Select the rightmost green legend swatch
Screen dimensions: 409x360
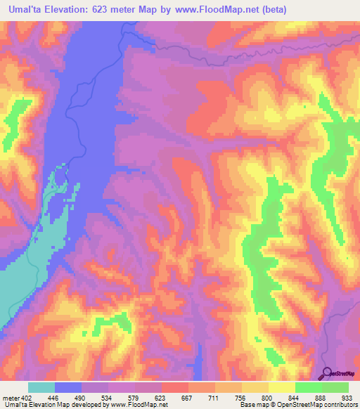(335, 387)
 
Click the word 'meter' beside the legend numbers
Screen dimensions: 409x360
(12, 396)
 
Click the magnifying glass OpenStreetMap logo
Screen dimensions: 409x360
(327, 373)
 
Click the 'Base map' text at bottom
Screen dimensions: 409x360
(254, 405)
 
